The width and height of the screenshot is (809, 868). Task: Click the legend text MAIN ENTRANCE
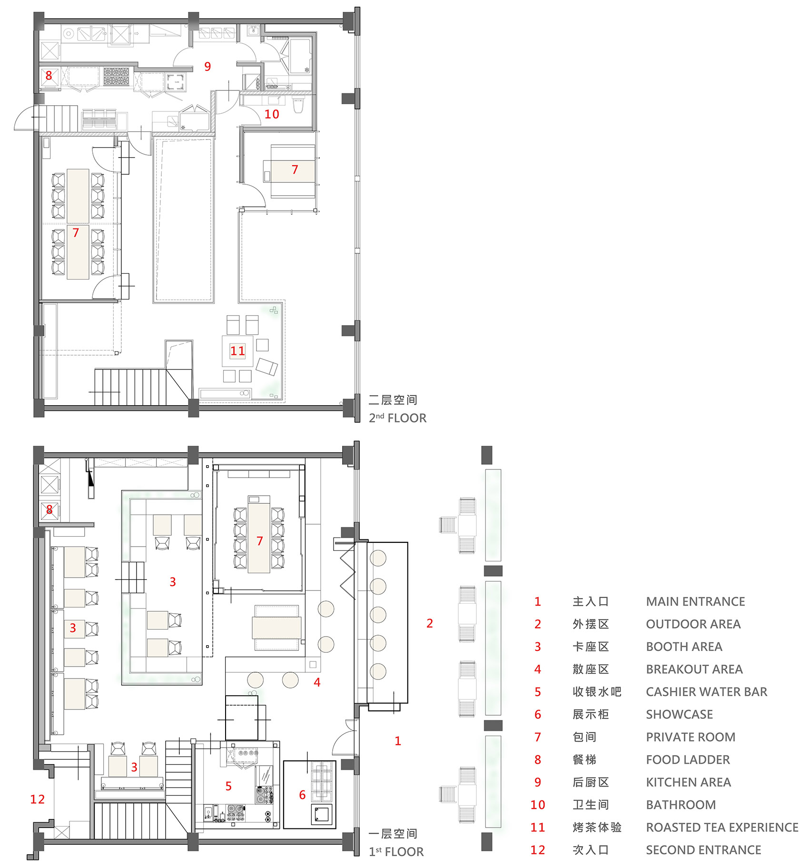[x=695, y=601]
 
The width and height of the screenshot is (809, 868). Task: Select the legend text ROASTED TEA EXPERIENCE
[x=722, y=827]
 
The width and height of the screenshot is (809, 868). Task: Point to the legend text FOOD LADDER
[x=688, y=759]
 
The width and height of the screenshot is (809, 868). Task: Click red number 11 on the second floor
[x=237, y=351]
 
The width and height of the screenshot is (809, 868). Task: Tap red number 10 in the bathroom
[x=272, y=114]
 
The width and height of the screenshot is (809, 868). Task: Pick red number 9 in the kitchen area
[x=207, y=67]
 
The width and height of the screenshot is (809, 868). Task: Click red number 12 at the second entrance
[x=38, y=799]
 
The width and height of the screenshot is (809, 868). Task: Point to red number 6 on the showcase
[x=302, y=794]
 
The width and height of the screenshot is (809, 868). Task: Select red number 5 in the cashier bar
[x=228, y=786]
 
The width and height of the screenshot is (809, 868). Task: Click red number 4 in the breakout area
[x=317, y=682]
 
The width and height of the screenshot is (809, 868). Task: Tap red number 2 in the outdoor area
[x=430, y=623]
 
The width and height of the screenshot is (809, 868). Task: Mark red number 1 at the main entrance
[x=398, y=741]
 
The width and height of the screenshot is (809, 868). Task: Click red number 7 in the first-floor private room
[x=259, y=541]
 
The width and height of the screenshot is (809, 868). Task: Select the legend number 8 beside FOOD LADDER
[x=538, y=759]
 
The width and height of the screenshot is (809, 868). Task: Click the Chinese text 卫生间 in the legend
[x=591, y=805]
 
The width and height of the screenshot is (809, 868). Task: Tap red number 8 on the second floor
[x=49, y=75]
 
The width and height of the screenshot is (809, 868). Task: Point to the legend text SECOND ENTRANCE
[x=703, y=850]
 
